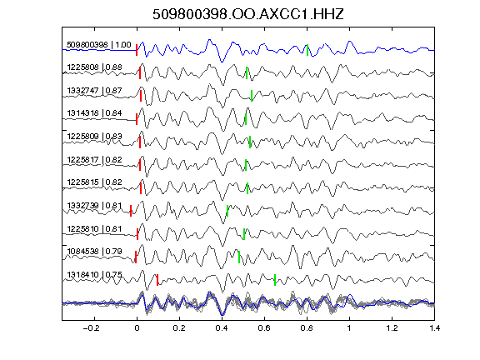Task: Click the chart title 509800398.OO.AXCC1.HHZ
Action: click(248, 14)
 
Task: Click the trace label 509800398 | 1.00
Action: click(99, 45)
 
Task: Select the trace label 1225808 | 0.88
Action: click(95, 67)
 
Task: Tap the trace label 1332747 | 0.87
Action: click(95, 91)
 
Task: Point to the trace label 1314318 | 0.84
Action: click(95, 113)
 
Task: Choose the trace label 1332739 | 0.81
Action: click(95, 205)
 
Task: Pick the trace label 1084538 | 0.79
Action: click(95, 252)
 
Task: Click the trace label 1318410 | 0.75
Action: click(95, 275)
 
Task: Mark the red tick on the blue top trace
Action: click(137, 50)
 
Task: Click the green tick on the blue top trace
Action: click(307, 50)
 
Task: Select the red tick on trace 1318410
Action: click(157, 280)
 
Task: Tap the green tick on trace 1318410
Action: click(275, 280)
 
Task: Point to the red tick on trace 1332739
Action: click(131, 211)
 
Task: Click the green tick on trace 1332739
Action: click(227, 211)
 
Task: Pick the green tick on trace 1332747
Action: click(252, 96)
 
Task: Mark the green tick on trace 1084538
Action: click(239, 257)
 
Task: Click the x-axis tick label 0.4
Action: click(222, 328)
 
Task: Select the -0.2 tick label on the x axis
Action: click(91, 328)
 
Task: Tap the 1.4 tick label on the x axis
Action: click(434, 328)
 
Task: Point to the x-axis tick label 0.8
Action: click(307, 328)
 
